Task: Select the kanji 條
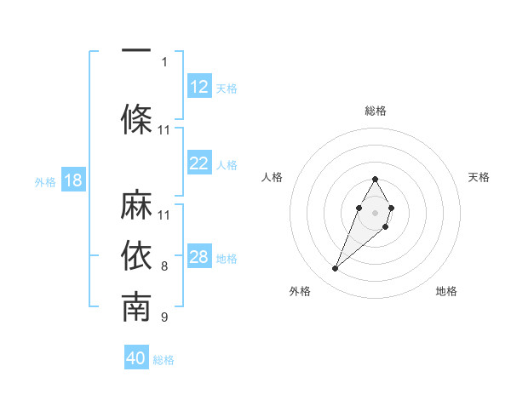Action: [136, 119]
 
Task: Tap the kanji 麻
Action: [136, 206]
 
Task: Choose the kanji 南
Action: [136, 307]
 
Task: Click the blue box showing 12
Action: [199, 87]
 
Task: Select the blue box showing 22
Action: [199, 163]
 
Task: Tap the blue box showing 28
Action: [199, 257]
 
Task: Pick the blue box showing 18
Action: [72, 180]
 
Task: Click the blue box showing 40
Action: [136, 358]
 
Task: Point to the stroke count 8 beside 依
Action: [164, 266]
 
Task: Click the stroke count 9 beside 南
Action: [164, 318]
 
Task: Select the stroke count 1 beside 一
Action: [164, 61]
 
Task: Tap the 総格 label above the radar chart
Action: [376, 111]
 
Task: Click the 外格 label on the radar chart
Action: [299, 291]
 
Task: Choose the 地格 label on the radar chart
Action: [446, 291]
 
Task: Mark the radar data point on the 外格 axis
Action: [336, 269]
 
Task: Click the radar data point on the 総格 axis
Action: [376, 179]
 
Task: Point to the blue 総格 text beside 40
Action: [164, 360]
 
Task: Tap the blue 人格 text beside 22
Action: [227, 165]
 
